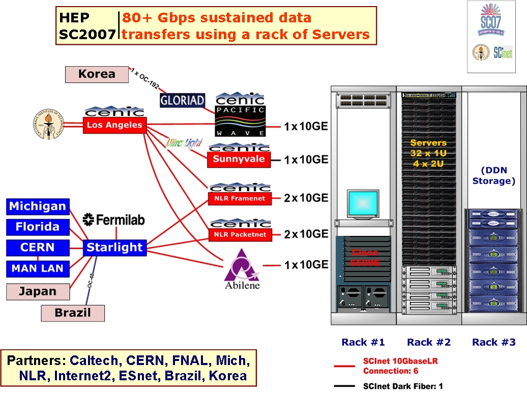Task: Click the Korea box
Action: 97,74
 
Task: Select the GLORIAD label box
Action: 182,100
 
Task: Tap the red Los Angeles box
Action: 114,125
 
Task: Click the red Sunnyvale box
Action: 239,160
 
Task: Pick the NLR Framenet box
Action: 239,198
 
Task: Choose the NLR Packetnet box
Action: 239,235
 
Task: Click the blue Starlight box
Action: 114,248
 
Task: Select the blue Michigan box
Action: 38,207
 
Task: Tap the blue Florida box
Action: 38,227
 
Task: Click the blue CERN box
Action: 38,248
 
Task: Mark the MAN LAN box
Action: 38,268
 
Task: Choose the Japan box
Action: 38,292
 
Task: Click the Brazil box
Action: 72,313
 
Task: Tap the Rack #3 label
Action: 493,342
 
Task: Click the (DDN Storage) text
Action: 493,175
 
